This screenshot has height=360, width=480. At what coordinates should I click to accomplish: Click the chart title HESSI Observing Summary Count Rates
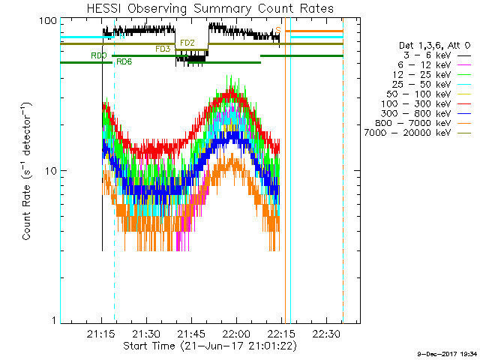pyautogui.click(x=210, y=8)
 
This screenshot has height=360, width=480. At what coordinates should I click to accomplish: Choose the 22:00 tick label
pyautogui.click(x=235, y=333)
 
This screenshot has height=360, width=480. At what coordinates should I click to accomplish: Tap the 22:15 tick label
pyautogui.click(x=281, y=333)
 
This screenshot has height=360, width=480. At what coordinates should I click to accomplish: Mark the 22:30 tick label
pyautogui.click(x=326, y=333)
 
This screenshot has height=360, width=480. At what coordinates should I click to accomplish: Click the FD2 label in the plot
pyautogui.click(x=187, y=43)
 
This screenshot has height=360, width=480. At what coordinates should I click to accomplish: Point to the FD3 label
pyautogui.click(x=163, y=49)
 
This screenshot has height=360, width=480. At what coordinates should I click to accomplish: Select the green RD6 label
pyautogui.click(x=124, y=61)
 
